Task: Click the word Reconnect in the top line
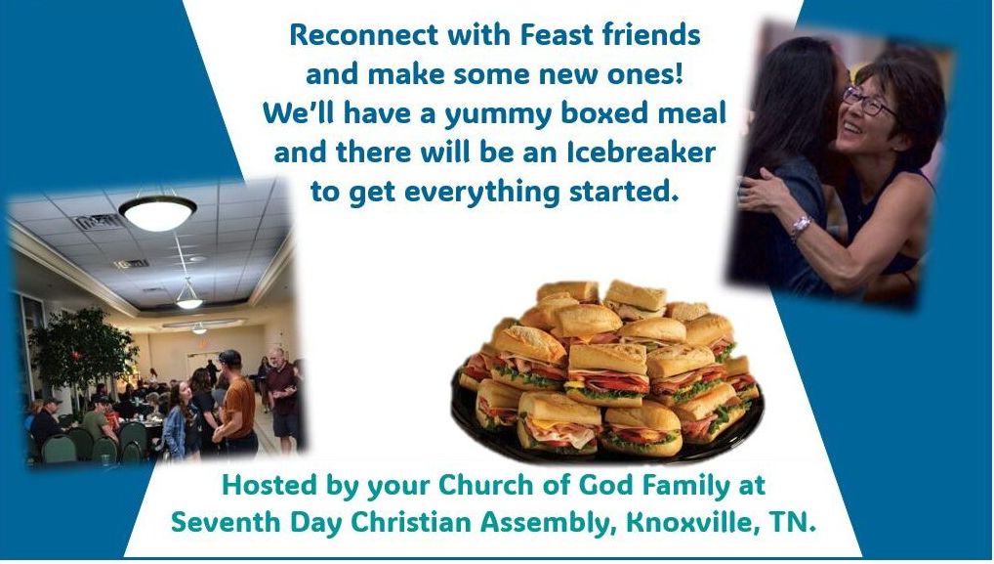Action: point(364,35)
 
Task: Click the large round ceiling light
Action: point(158,212)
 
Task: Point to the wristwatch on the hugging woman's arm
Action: point(801,227)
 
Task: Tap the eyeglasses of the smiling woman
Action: point(869,102)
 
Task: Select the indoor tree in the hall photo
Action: point(81,355)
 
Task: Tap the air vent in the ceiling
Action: point(99,222)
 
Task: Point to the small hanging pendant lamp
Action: point(188,297)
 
